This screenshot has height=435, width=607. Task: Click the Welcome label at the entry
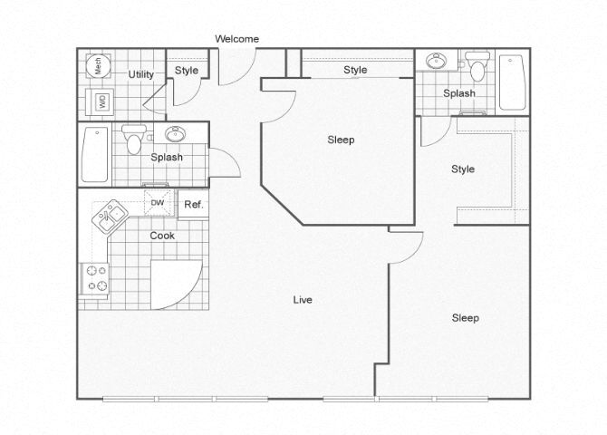click(237, 39)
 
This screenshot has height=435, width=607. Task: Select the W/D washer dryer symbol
click(101, 102)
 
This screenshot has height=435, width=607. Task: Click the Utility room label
click(141, 74)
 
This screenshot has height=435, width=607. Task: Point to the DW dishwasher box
click(158, 202)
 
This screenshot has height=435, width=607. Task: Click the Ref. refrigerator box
click(194, 205)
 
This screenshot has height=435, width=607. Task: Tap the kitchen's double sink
click(110, 217)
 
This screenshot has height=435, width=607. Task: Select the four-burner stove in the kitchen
click(94, 278)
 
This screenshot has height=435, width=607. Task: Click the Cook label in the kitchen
click(162, 236)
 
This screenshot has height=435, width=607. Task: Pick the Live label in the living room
click(303, 299)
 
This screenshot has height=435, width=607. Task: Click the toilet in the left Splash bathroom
click(134, 139)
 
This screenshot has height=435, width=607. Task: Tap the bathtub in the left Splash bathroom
click(95, 155)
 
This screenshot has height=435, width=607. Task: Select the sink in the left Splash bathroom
click(176, 134)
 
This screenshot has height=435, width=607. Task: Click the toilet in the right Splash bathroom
click(477, 66)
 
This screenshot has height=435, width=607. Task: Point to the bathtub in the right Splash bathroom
click(512, 82)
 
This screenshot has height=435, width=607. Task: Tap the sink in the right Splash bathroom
click(436, 61)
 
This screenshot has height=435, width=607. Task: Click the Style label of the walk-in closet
click(463, 169)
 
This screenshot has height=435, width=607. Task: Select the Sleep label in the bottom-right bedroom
click(466, 318)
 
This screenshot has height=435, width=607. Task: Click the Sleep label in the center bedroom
click(341, 140)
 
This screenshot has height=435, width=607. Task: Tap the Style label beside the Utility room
click(187, 71)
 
